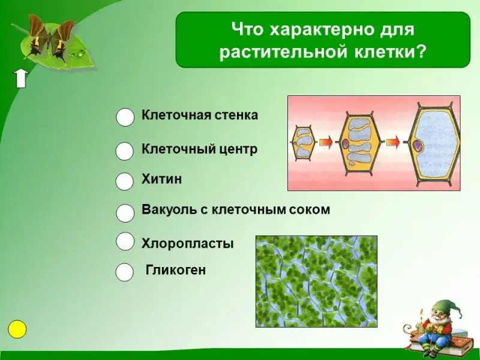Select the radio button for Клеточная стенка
click(x=125, y=117)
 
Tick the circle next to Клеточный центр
click(x=125, y=151)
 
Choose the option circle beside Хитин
click(x=125, y=181)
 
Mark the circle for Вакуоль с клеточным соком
click(x=125, y=213)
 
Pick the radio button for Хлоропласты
click(x=125, y=241)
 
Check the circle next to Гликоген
click(x=125, y=272)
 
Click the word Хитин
click(x=161, y=179)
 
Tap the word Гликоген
click(x=176, y=270)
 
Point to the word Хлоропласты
click(x=188, y=244)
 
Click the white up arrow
click(x=20, y=79)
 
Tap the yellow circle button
click(x=17, y=329)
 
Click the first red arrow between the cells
click(x=326, y=142)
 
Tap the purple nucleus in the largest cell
click(x=417, y=144)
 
